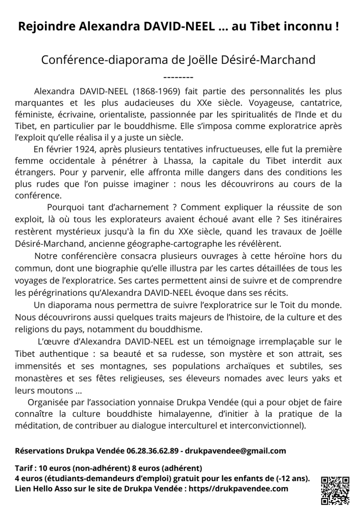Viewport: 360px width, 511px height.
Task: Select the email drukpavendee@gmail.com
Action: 236,451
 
